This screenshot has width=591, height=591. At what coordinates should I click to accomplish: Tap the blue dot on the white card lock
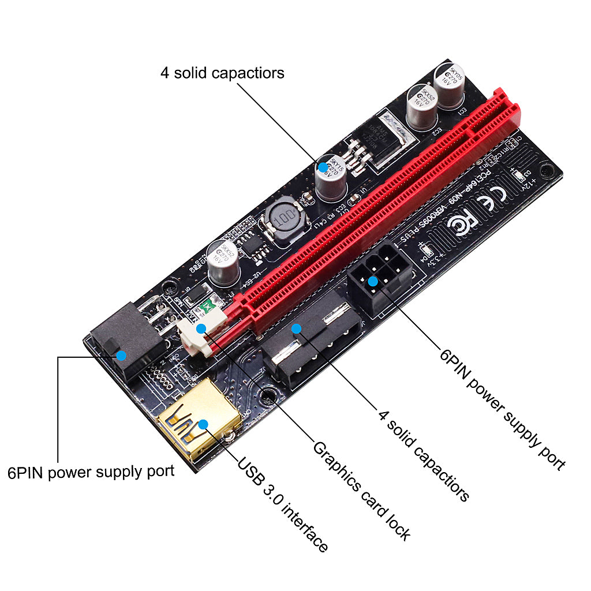(201, 329)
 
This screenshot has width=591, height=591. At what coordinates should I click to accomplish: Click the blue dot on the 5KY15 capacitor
(323, 167)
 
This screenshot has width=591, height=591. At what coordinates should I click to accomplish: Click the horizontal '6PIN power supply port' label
(91, 472)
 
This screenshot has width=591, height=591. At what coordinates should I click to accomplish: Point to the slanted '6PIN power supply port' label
(502, 409)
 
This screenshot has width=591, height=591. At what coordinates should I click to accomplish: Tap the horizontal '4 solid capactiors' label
(222, 73)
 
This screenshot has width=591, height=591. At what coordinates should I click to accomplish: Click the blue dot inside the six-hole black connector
(373, 282)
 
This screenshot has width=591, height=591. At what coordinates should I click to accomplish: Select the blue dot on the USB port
(203, 425)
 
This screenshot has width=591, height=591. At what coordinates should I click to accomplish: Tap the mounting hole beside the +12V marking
(551, 170)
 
